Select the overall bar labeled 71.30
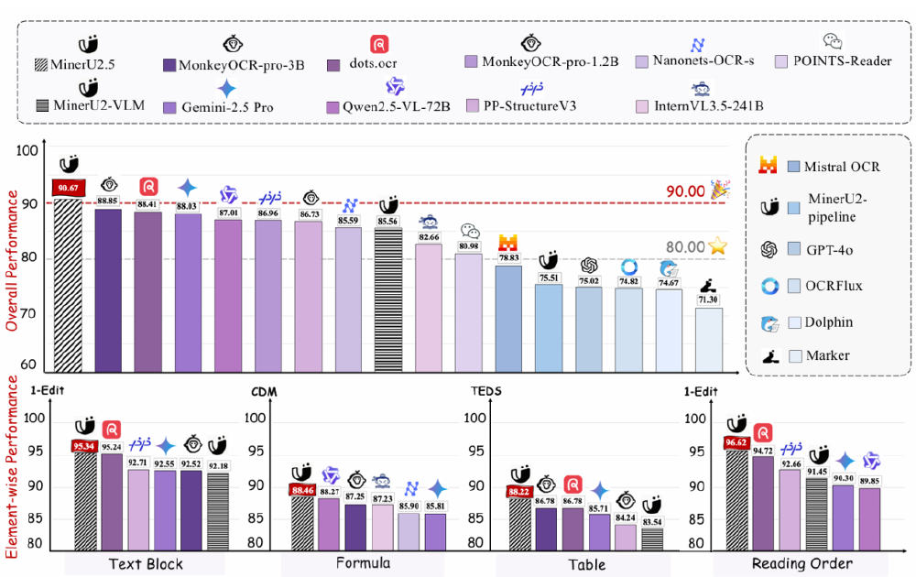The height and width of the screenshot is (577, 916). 708,339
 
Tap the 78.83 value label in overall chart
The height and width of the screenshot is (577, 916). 508,259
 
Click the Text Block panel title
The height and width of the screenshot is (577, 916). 145,563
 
